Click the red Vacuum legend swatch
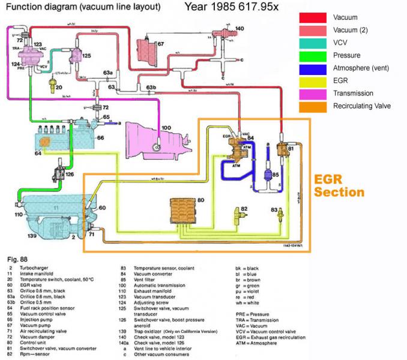313,18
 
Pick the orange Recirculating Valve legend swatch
313,106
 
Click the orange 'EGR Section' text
339,186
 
